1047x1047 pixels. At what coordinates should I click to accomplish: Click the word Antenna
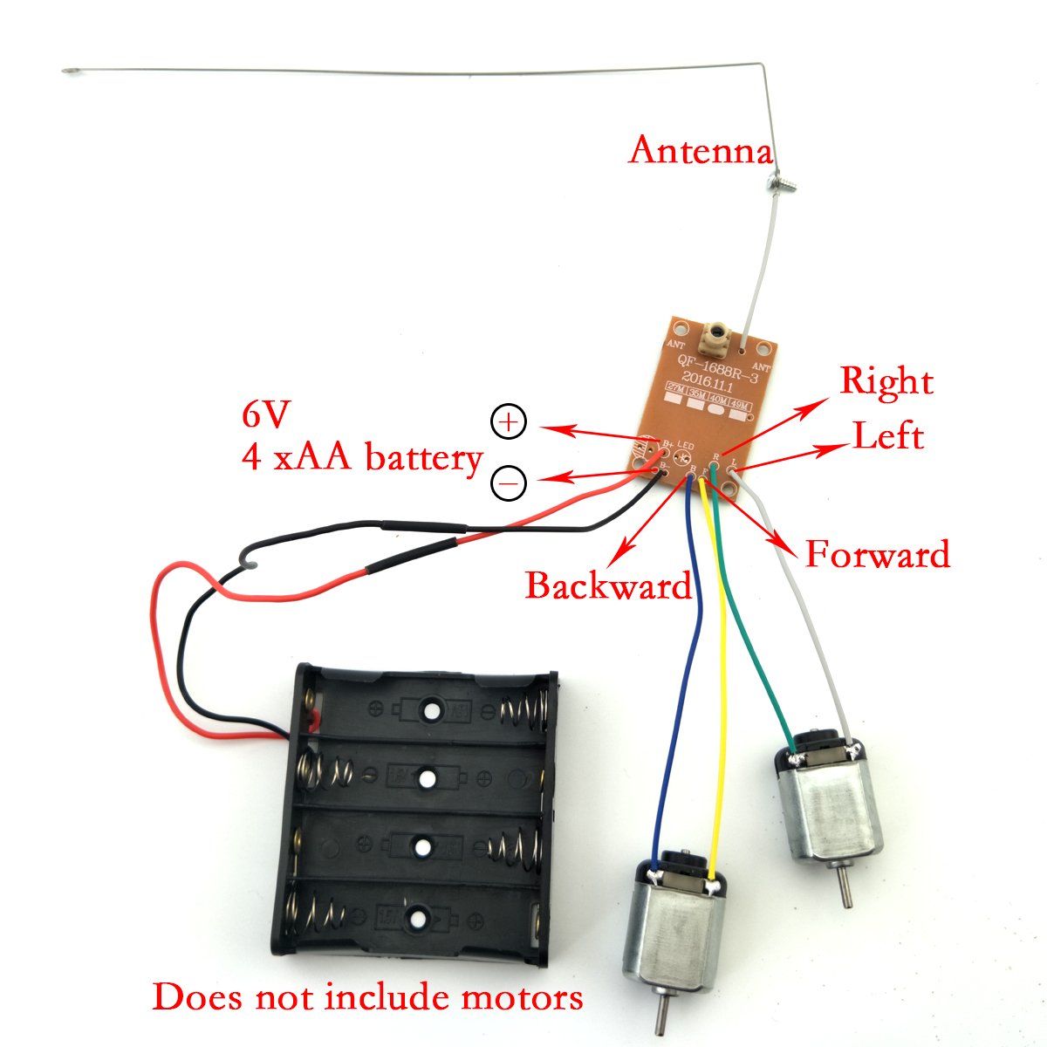click(x=701, y=150)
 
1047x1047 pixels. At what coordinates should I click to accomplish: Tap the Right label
click(x=886, y=382)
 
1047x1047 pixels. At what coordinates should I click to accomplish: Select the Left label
click(x=887, y=436)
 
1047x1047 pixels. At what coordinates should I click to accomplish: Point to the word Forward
click(x=877, y=555)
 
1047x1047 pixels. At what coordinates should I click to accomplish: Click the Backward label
click(x=608, y=585)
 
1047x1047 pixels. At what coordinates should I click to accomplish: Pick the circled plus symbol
click(x=509, y=422)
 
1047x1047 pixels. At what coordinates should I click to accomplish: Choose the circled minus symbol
click(x=509, y=482)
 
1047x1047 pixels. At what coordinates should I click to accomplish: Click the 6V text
click(x=263, y=416)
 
